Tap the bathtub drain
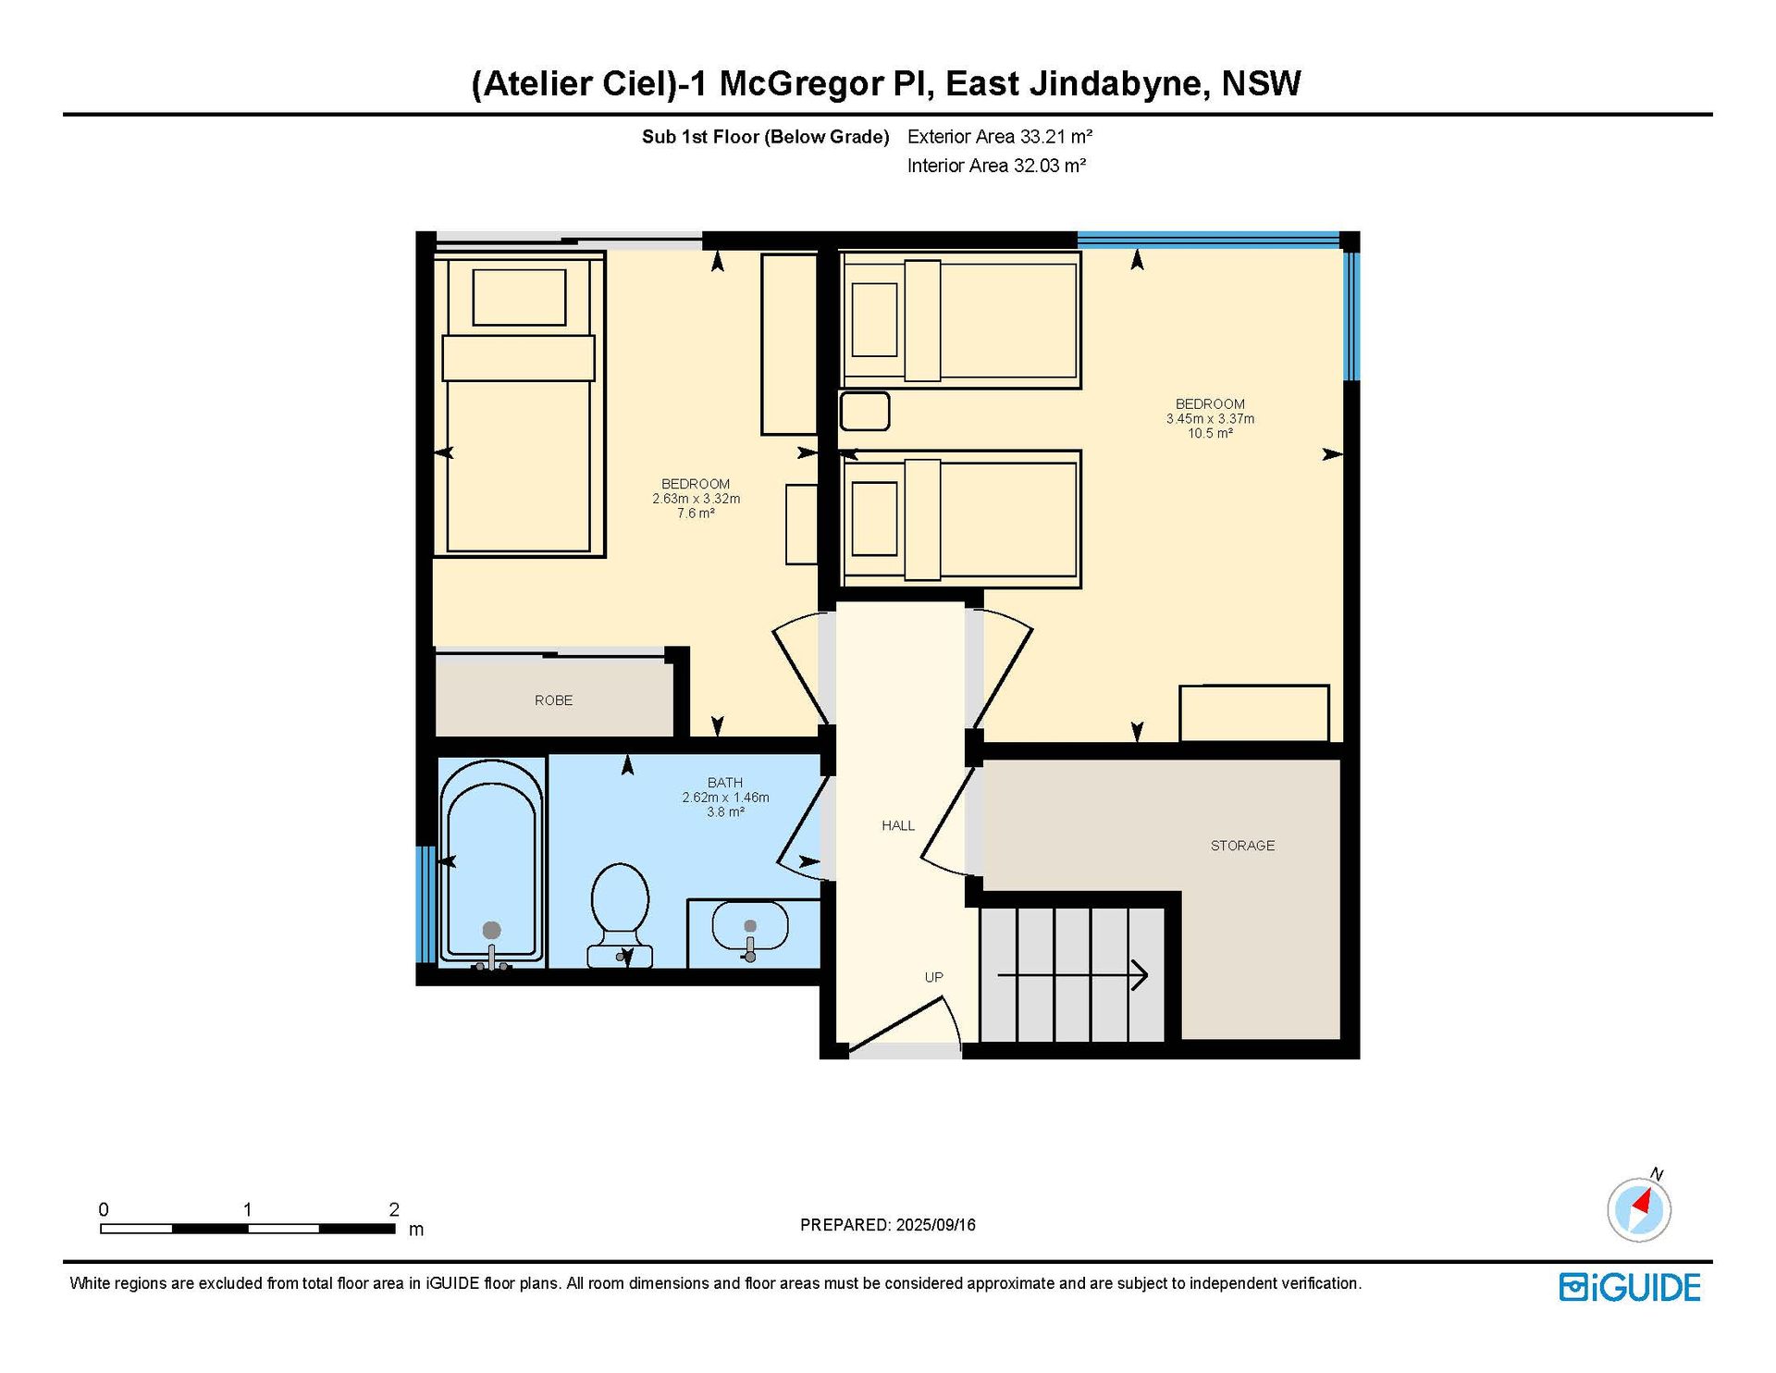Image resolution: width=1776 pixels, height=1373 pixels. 492,930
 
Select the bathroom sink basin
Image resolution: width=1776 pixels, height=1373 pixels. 750,927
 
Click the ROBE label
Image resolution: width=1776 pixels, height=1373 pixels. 553,700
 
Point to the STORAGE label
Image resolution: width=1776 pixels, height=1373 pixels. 1242,846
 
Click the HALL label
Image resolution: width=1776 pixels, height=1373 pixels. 898,825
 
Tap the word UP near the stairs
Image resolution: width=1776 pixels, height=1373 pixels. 934,977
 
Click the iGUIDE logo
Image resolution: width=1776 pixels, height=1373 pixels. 1630,1287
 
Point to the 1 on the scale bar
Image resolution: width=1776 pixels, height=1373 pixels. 247,1209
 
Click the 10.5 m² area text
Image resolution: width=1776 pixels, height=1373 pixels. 1210,433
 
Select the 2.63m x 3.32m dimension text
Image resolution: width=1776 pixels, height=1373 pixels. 696,499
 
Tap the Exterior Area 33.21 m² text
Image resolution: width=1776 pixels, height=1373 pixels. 1000,137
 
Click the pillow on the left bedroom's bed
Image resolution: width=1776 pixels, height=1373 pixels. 519,297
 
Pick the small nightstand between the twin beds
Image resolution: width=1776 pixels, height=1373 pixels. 865,411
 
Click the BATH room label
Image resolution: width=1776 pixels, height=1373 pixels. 725,783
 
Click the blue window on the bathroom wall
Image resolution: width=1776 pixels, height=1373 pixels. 425,904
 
